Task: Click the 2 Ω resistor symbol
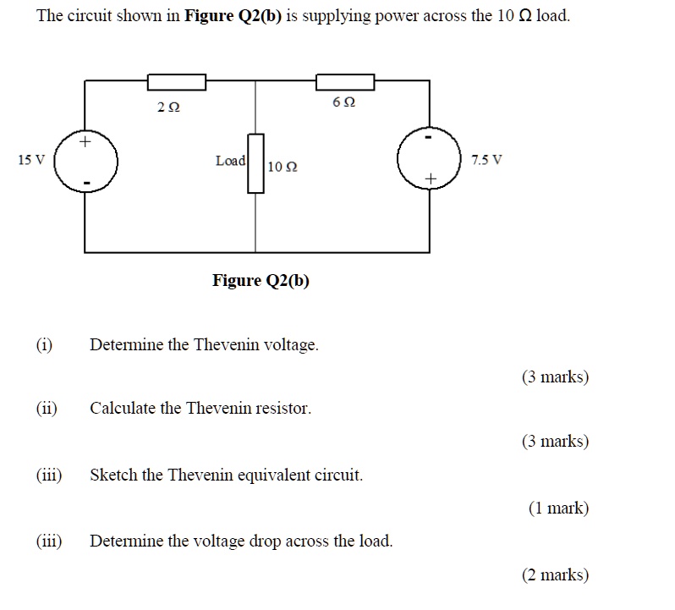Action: coord(177,82)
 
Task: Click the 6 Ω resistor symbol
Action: coord(345,82)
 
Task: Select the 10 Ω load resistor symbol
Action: coord(255,163)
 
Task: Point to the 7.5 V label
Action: coord(486,159)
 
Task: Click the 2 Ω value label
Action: coord(168,107)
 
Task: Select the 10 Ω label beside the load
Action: coord(282,166)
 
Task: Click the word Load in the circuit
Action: coord(230,160)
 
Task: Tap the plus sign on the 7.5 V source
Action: coord(431,179)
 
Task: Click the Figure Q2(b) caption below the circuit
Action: coord(261,280)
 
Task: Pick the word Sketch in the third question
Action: coord(113,475)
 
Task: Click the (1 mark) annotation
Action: coord(558,508)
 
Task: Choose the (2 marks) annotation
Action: coord(555,574)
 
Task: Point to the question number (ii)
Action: coord(47,408)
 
